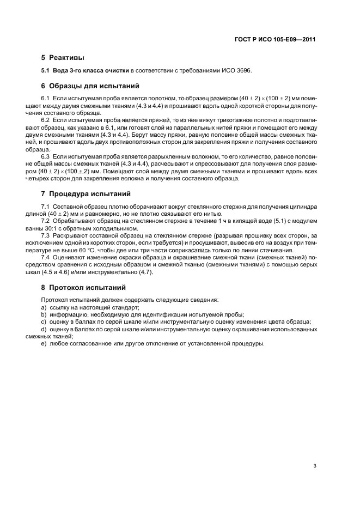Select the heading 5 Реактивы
pyautogui.click(x=62, y=57)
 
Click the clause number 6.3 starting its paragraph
pyautogui.click(x=46, y=156)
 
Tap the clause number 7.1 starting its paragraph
pyautogui.click(x=46, y=207)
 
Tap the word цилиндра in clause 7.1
pyautogui.click(x=304, y=207)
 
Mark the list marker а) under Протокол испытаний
pyautogui.click(x=44, y=307)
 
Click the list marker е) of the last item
pyautogui.click(x=44, y=343)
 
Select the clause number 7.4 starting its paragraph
pyautogui.click(x=46, y=257)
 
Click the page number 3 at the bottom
pyautogui.click(x=315, y=451)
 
